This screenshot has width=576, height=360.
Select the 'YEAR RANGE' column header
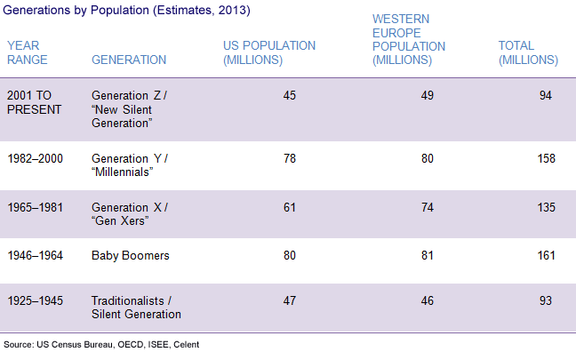[x=27, y=52]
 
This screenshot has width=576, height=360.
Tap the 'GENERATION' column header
[x=129, y=60]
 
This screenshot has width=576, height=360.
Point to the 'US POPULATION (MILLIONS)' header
[x=268, y=52]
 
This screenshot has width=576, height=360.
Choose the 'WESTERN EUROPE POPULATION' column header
[x=408, y=39]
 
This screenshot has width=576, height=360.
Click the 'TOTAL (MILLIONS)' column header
[x=528, y=52]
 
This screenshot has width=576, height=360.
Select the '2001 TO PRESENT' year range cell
[x=35, y=101]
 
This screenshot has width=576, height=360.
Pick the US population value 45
[x=289, y=95]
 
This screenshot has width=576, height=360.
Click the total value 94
[x=546, y=95]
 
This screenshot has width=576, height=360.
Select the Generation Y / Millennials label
[x=130, y=164]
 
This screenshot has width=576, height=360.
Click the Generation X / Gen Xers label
[x=130, y=213]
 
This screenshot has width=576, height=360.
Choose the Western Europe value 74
[x=428, y=207]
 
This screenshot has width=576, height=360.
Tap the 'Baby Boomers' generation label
[x=131, y=256]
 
